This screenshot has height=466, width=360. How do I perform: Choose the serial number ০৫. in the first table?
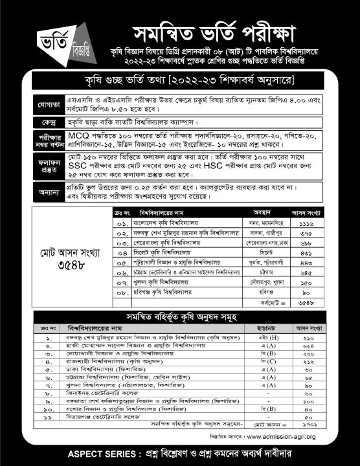click(x=120, y=262)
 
